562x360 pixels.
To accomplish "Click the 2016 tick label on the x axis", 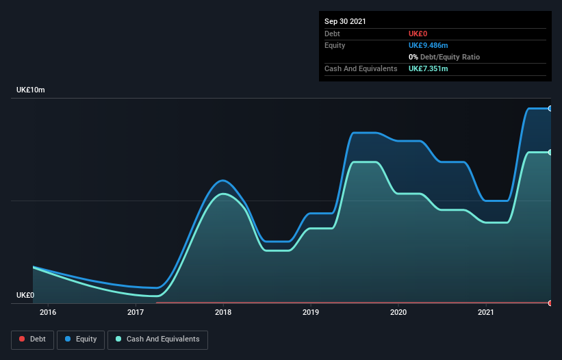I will (x=48, y=313).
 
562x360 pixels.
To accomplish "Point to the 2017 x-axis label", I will (x=136, y=313).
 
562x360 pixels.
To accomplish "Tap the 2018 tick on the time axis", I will (x=223, y=313).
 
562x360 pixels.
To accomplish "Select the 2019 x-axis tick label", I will (x=311, y=313).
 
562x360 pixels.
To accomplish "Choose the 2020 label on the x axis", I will (x=398, y=313).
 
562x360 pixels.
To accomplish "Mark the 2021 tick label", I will (x=486, y=313).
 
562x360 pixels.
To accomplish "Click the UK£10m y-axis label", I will (x=30, y=90).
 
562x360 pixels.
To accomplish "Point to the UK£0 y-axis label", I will (x=25, y=295).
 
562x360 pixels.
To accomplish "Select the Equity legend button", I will (x=81, y=339).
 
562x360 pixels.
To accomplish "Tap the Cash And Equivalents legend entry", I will (x=157, y=339).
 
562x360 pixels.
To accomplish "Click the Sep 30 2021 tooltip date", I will (x=345, y=21).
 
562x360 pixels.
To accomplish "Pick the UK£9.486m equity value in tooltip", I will (x=428, y=45).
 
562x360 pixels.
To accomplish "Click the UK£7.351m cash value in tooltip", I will (x=428, y=68).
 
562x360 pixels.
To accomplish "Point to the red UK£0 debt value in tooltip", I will (x=418, y=34).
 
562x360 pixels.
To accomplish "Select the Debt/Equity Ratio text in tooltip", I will (x=448, y=57).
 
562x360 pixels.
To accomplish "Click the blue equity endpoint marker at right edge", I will (x=550, y=108).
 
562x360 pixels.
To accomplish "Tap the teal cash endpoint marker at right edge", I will (x=550, y=152).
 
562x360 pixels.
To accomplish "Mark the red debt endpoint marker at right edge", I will (x=550, y=303).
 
